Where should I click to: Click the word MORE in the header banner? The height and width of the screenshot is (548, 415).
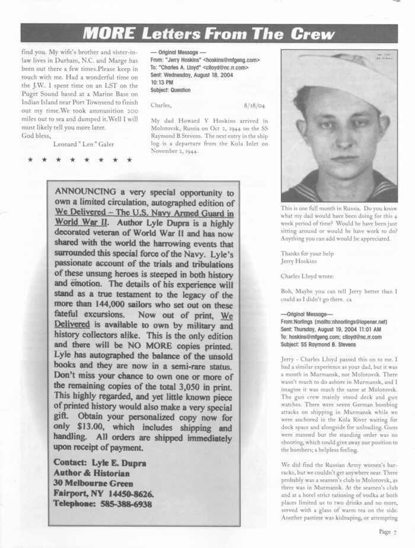pos(108,33)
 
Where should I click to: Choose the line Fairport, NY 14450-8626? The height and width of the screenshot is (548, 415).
pos(104,493)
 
